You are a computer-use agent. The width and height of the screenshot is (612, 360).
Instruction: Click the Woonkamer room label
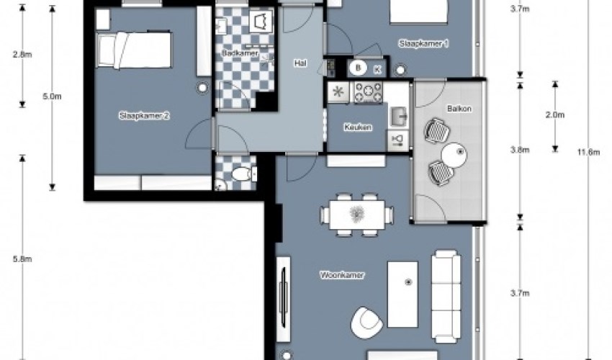342,275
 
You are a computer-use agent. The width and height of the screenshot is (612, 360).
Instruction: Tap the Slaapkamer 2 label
145,116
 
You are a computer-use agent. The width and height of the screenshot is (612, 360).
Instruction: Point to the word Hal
300,63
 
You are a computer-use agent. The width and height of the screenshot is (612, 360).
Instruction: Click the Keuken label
358,127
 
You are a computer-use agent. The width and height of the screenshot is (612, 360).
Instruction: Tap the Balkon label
459,109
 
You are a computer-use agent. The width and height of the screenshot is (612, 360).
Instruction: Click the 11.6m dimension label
588,152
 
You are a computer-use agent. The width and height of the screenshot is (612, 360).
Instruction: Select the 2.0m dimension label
554,114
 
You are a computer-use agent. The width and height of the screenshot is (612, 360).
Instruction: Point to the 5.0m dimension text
52,96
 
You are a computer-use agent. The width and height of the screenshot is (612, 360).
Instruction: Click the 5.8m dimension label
22,259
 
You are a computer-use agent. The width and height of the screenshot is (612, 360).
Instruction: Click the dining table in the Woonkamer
356,215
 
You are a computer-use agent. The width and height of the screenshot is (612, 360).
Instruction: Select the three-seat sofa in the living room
446,297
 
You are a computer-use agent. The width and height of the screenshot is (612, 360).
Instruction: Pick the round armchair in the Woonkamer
366,323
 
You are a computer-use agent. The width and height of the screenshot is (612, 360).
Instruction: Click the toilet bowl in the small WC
243,174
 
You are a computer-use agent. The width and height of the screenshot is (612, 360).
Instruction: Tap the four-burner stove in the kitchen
368,92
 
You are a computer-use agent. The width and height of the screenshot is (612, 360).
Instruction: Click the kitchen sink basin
397,117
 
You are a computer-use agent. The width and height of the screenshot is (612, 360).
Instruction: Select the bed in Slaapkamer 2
134,50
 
